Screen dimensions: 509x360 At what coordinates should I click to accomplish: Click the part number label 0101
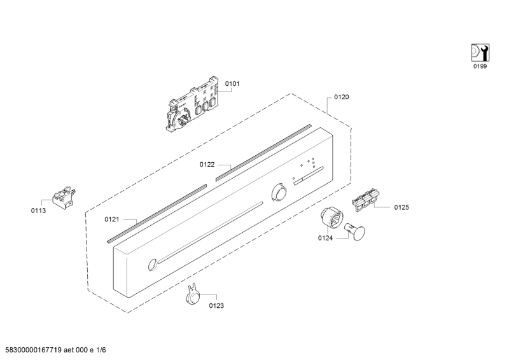[x=232, y=84]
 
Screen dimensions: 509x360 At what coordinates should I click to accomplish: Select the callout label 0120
[x=342, y=97]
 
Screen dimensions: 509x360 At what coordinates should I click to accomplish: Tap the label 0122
[x=207, y=165]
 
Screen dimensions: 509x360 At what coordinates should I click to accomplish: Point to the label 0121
[x=112, y=219]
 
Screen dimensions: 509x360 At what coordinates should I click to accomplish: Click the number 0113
[x=38, y=211]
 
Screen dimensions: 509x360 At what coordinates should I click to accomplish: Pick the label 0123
[x=216, y=306]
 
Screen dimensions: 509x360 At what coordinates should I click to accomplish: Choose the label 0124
[x=325, y=239]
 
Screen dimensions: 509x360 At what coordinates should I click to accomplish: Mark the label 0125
[x=401, y=207]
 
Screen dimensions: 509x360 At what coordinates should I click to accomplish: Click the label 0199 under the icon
[x=480, y=67]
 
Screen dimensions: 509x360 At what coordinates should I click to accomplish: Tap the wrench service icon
[x=480, y=53]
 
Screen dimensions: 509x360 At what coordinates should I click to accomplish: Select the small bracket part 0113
[x=64, y=197]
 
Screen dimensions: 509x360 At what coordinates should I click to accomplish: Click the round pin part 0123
[x=193, y=294]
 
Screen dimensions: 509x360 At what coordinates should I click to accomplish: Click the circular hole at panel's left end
[x=152, y=265]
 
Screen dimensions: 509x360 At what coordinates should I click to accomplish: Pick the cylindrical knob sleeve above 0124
[x=331, y=218]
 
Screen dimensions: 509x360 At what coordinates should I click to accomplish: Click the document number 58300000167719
[x=34, y=350]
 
